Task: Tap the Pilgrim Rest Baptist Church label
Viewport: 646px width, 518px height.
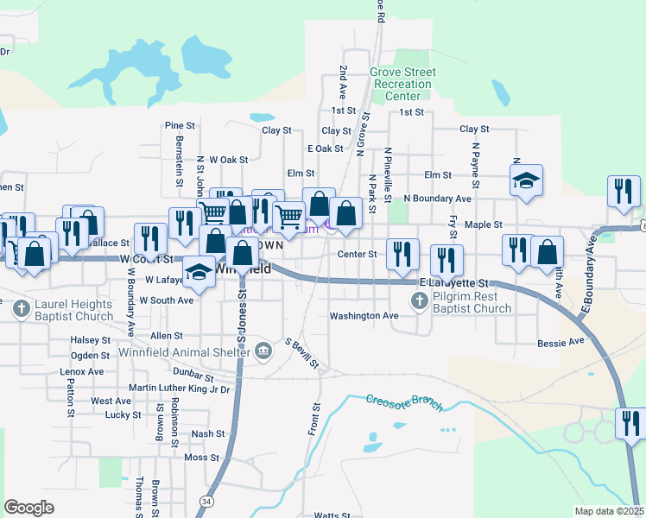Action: pyautogui.click(x=472, y=302)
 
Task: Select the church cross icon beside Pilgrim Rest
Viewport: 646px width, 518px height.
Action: pyautogui.click(x=420, y=300)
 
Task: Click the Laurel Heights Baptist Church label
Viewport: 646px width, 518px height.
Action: pyautogui.click(x=73, y=311)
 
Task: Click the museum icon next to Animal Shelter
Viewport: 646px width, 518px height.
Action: pyautogui.click(x=265, y=349)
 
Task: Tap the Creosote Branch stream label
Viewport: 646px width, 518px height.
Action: pyautogui.click(x=403, y=402)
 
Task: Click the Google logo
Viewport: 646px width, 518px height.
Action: pyautogui.click(x=29, y=508)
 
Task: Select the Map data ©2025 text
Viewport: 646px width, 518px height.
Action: pyautogui.click(x=609, y=511)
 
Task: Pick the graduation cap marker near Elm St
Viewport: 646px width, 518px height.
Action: pyautogui.click(x=525, y=180)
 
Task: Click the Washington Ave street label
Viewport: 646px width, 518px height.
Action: pyautogui.click(x=364, y=316)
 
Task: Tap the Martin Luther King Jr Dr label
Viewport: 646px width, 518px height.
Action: pyautogui.click(x=180, y=388)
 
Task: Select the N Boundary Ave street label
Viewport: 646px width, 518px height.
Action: pyautogui.click(x=437, y=199)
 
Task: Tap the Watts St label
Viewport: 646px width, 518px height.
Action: pyautogui.click(x=330, y=515)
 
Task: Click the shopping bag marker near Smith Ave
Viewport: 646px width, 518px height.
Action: pyautogui.click(x=546, y=251)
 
